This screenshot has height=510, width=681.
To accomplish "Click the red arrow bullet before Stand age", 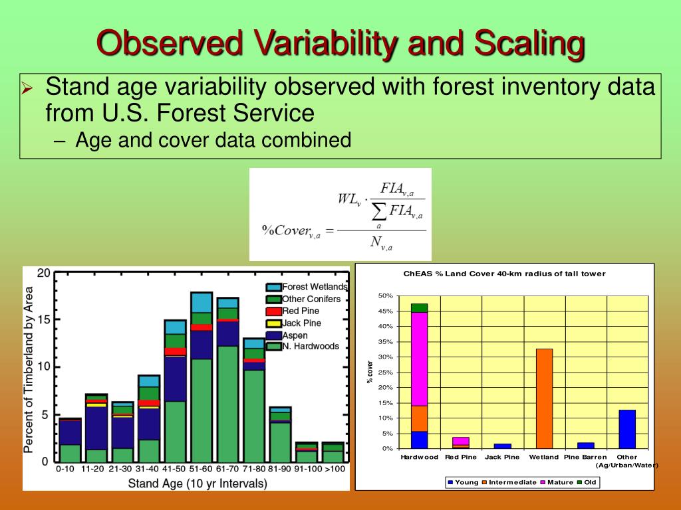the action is (27, 88).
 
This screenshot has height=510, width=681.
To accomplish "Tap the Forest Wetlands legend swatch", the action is (273, 287).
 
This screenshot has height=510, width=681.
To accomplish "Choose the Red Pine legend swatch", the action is (273, 311).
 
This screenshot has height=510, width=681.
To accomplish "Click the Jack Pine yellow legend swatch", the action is (273, 323).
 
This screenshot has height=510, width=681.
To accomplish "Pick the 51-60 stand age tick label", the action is (201, 469).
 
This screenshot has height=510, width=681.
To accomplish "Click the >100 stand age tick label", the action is (335, 469).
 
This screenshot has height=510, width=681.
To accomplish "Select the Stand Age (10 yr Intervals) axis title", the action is (197, 483).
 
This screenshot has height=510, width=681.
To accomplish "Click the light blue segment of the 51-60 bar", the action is (202, 303).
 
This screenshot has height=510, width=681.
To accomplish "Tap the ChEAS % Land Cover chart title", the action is (504, 274).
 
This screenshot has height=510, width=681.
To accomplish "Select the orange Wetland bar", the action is (545, 398).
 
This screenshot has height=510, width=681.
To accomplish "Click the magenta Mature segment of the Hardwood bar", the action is (420, 359).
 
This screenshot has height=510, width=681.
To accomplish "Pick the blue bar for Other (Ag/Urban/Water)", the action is (627, 430).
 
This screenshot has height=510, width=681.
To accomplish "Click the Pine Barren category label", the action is (585, 457).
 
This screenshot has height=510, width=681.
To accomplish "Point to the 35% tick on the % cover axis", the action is (385, 342).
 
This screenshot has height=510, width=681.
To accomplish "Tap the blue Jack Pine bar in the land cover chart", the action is (503, 446).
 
